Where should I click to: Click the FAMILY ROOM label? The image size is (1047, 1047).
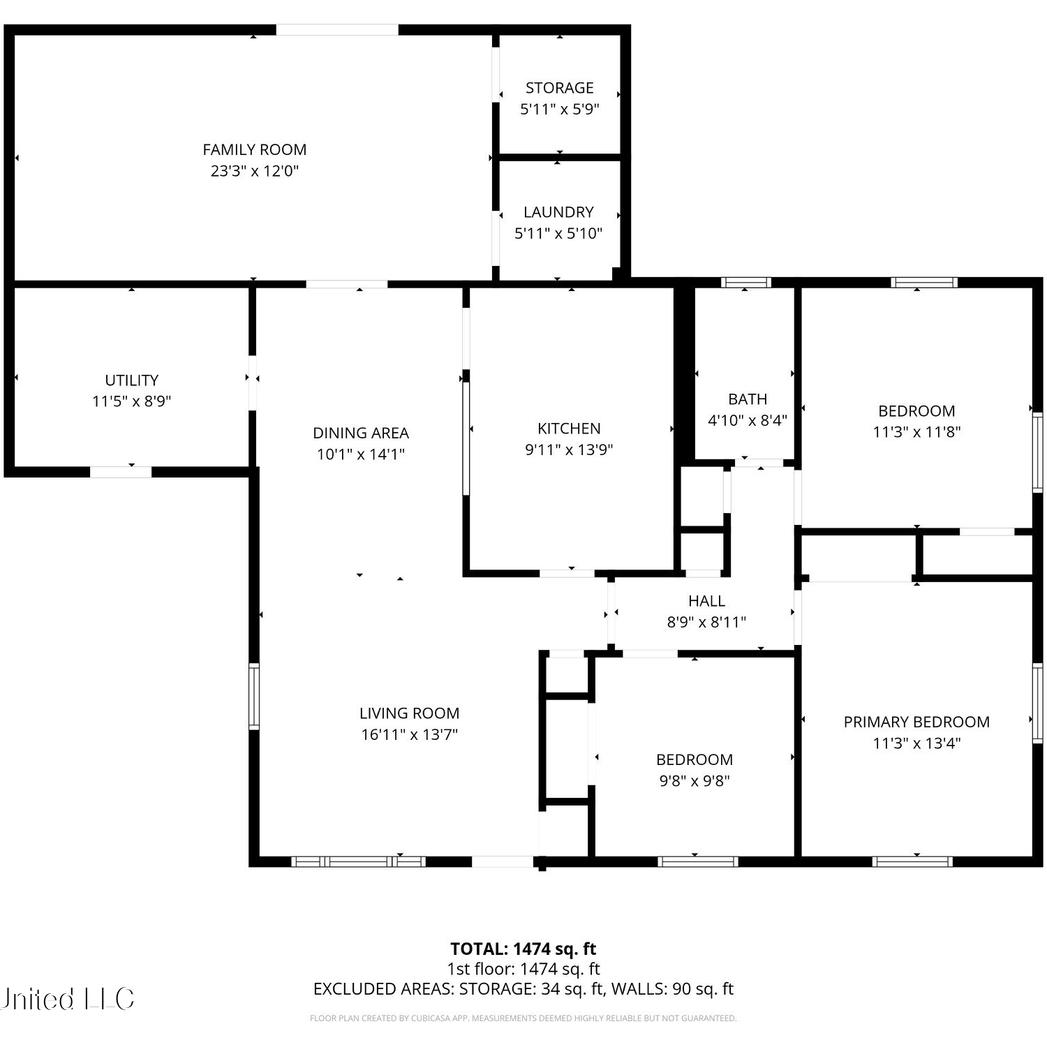[x=254, y=149]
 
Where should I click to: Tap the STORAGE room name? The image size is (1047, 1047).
[x=559, y=88]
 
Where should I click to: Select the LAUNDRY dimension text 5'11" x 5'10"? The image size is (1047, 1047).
[x=558, y=233]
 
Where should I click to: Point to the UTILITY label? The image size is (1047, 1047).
[x=132, y=380]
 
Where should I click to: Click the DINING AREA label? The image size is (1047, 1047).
[x=361, y=433]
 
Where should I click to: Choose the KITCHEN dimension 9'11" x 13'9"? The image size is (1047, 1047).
[x=569, y=450]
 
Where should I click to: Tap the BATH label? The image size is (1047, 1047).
[x=748, y=399]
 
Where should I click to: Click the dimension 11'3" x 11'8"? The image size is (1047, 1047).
[x=916, y=432]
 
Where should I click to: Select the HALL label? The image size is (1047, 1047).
[x=706, y=601]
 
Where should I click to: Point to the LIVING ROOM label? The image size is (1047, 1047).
[x=409, y=713]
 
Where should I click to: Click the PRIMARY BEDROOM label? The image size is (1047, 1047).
[x=916, y=722]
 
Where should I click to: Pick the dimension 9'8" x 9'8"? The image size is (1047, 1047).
[x=695, y=781]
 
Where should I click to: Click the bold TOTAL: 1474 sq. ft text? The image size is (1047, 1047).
[x=523, y=949]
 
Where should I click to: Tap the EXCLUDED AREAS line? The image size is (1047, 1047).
[x=523, y=989]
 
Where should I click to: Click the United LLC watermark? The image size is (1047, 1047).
[x=67, y=1000]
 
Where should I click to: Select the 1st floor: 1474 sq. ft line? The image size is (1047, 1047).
[x=523, y=969]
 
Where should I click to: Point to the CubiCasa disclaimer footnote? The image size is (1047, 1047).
[x=523, y=1018]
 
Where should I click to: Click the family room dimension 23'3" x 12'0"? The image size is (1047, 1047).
[x=254, y=171]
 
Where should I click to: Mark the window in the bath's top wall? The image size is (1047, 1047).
[x=745, y=283]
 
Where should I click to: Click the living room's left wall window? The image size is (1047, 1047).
[x=254, y=697]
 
